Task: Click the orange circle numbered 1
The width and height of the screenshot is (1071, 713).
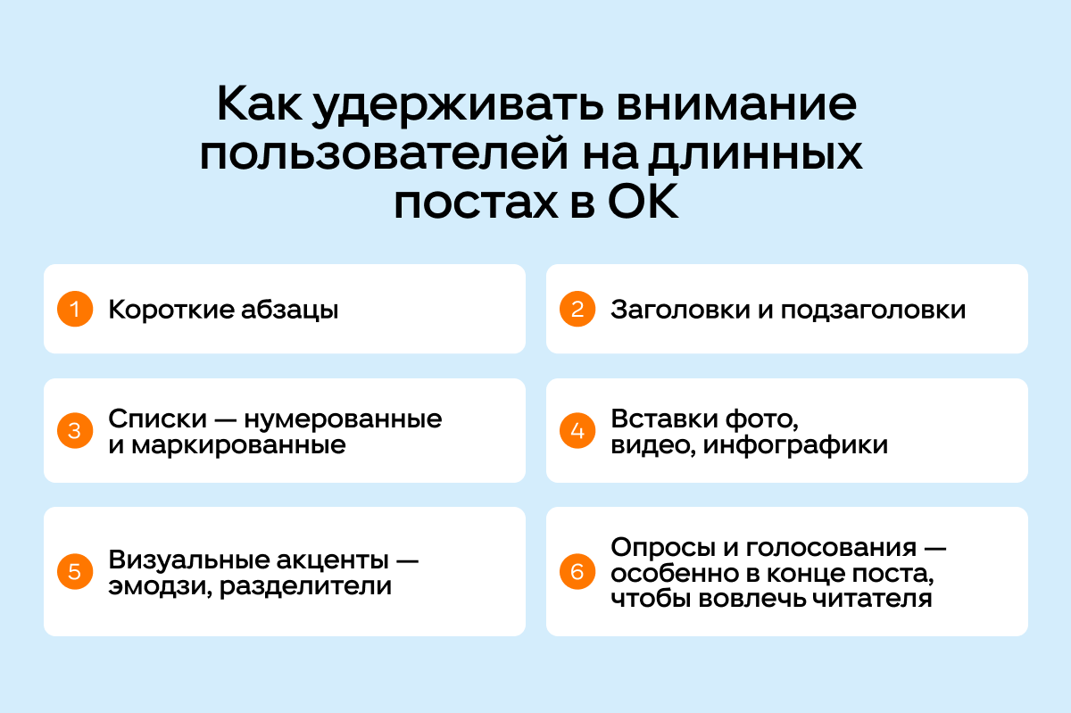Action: (x=75, y=309)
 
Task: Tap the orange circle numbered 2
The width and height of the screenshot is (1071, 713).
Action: (x=577, y=309)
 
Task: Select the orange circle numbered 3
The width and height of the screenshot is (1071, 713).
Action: (x=75, y=430)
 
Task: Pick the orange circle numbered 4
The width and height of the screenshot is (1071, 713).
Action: (x=577, y=430)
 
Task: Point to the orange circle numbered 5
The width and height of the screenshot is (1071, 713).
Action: (x=75, y=571)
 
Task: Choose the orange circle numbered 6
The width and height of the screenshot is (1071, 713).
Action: (x=577, y=571)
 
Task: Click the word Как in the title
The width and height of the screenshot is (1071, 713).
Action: (x=259, y=104)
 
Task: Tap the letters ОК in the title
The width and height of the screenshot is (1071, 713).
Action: (x=643, y=202)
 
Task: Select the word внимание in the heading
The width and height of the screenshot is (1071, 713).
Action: (x=736, y=105)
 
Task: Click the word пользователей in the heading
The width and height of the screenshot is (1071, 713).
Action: (x=384, y=155)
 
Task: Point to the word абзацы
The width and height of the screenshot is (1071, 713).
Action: (x=290, y=311)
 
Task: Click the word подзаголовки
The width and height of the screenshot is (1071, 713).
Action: (x=873, y=311)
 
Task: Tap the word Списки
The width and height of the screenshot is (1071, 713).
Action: (x=158, y=419)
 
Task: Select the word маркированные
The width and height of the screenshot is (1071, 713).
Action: (x=238, y=446)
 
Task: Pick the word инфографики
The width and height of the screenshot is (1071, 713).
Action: (x=795, y=445)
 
